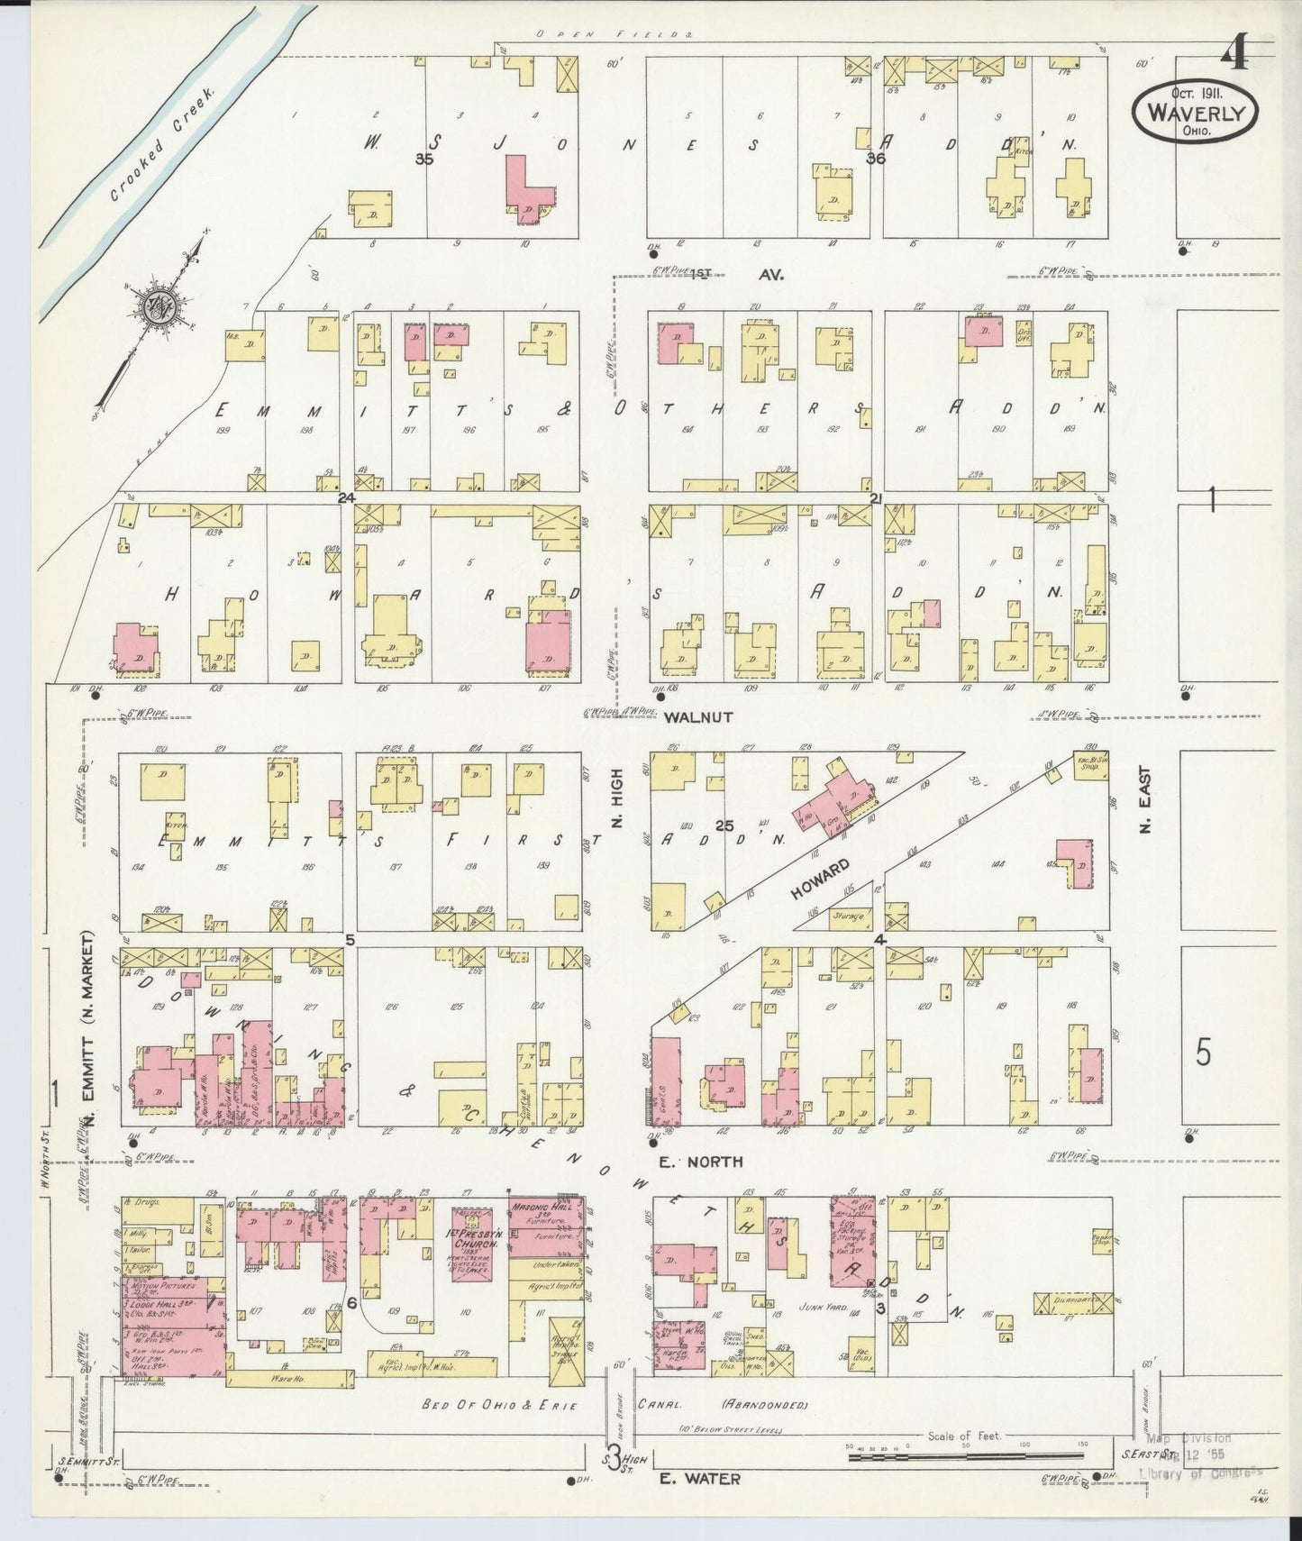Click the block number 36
pyautogui.click(x=875, y=160)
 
